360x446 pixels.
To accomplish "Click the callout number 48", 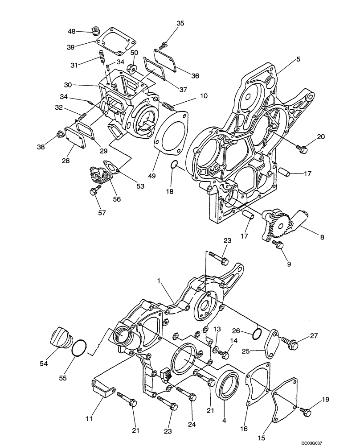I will (71, 31).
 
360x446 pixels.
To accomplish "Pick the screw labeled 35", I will (162, 45).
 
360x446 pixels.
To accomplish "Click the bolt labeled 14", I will (225, 355).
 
